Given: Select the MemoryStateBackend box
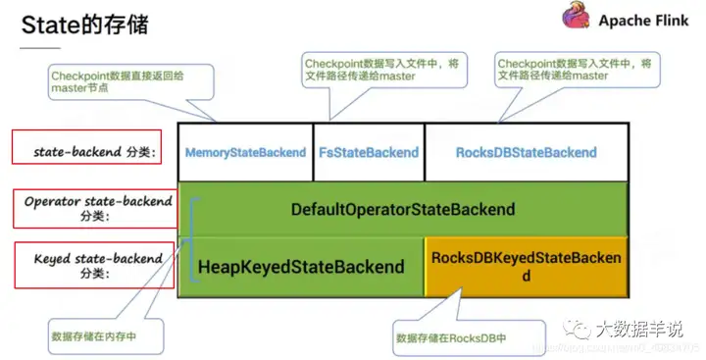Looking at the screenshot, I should click(x=245, y=152).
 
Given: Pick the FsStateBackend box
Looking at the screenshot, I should click(x=369, y=152).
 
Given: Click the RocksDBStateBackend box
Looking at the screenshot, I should click(x=526, y=152).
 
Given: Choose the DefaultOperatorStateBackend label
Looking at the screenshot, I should click(x=402, y=209).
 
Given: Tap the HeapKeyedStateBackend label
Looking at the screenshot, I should click(x=301, y=267).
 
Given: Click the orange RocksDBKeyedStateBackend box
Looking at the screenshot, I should click(x=527, y=267).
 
